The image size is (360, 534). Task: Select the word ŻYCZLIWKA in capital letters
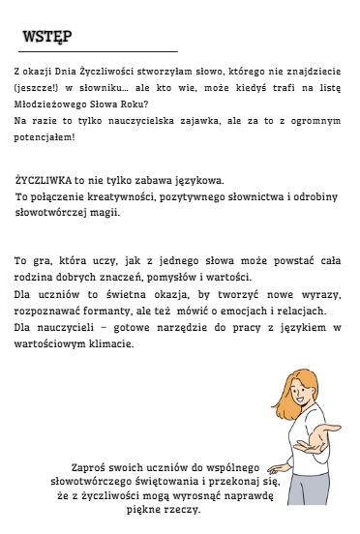[x=44, y=181]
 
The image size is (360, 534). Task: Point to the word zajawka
[x=195, y=121]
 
